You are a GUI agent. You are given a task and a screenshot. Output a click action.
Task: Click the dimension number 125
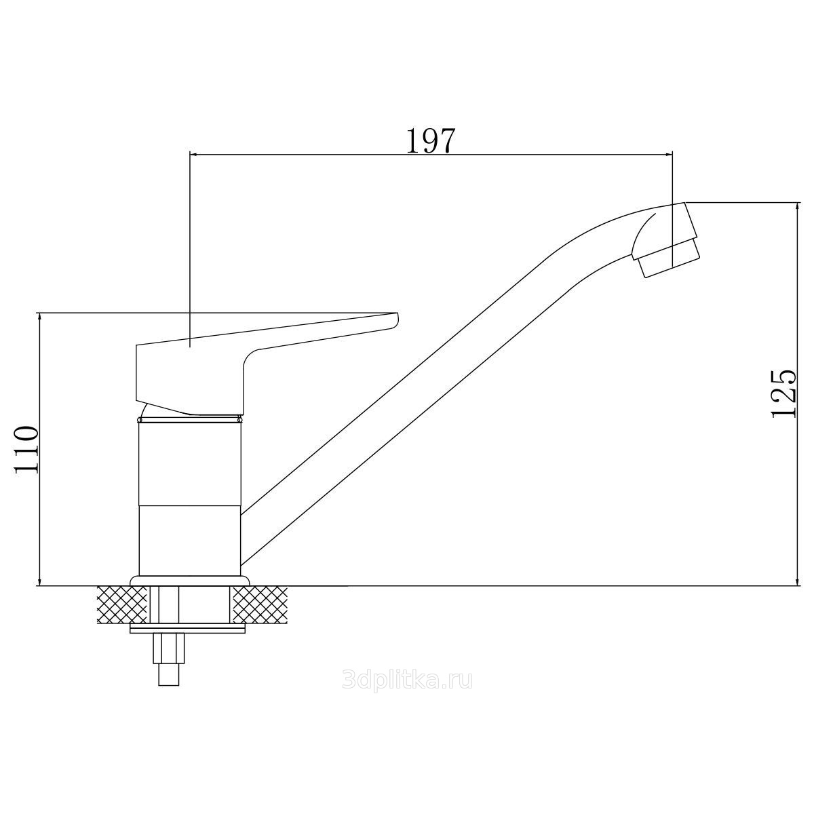[x=783, y=394]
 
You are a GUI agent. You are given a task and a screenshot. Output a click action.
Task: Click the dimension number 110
[x=27, y=450]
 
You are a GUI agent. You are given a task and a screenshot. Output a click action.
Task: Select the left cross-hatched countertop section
[x=122, y=604]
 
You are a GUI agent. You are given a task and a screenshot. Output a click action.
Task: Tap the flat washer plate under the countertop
[x=189, y=629]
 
